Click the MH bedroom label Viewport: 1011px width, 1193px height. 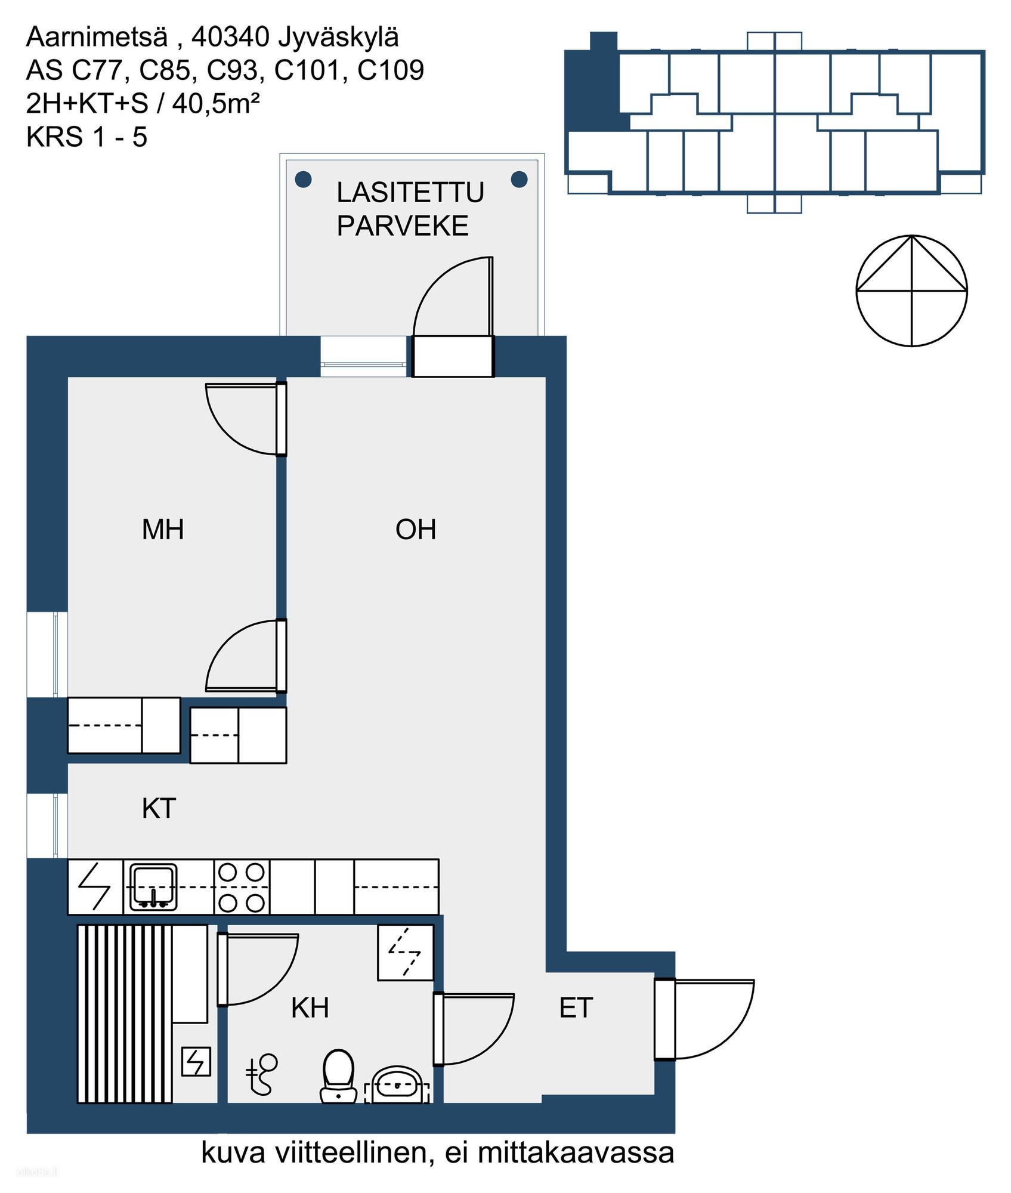[163, 530]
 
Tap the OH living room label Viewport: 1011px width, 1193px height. [416, 530]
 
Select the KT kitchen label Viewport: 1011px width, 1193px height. [159, 809]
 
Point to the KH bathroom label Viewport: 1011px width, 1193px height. [310, 1007]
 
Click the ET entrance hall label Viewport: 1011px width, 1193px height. [576, 1007]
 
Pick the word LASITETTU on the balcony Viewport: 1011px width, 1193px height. [410, 192]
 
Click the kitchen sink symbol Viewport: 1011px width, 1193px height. [154, 887]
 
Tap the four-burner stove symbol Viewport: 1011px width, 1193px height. [242, 887]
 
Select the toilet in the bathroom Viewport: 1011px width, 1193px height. [338, 1076]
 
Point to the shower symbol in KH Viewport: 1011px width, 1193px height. [262, 1074]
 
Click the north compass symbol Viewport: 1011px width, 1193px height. [911, 290]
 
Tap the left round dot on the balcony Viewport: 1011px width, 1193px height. [304, 178]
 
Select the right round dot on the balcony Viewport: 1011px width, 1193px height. [520, 178]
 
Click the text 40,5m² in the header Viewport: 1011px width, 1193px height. [216, 104]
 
